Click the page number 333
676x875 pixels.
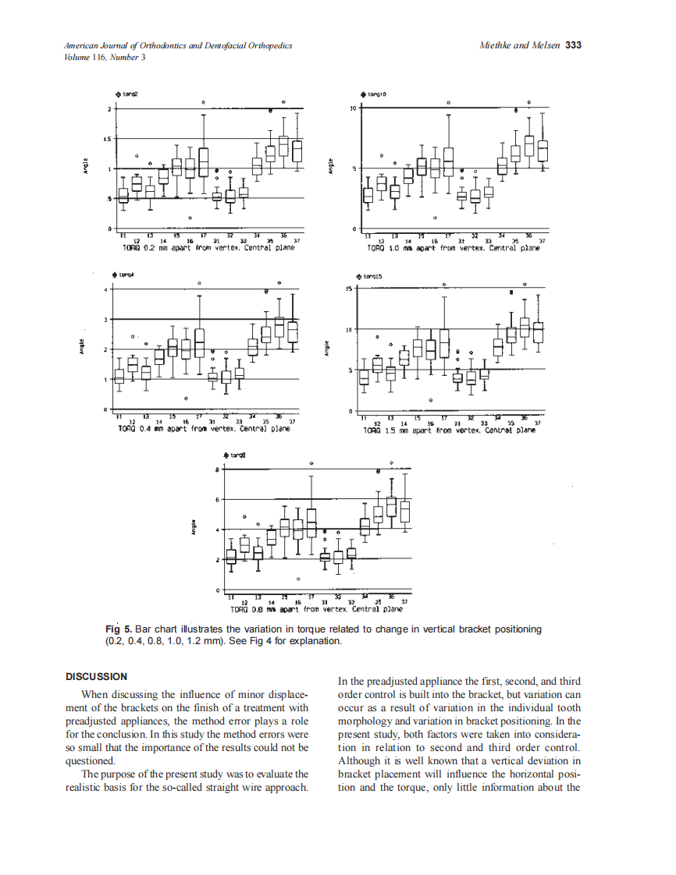pos(573,45)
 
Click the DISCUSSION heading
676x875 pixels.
pos(97,676)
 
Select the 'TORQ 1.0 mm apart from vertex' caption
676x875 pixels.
pos(453,247)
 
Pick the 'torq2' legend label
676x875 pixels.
pos(130,94)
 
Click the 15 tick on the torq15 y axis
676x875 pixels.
pos(351,289)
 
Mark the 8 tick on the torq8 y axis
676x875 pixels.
pos(217,469)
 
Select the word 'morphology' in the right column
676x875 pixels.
pos(365,721)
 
